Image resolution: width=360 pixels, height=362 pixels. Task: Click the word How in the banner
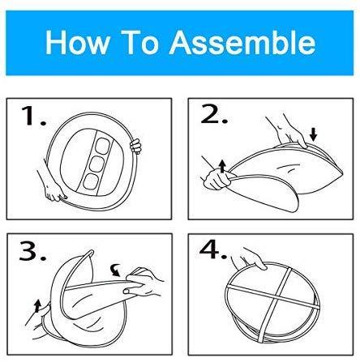pyautogui.click(x=78, y=42)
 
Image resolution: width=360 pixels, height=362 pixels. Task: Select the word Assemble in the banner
pyautogui.click(x=242, y=42)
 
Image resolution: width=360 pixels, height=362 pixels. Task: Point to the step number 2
pyautogui.click(x=214, y=114)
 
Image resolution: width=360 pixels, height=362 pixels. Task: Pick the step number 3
pyautogui.click(x=32, y=252)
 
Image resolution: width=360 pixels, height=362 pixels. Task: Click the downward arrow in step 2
pyautogui.click(x=313, y=134)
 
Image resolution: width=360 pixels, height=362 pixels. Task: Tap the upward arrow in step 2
pyautogui.click(x=222, y=166)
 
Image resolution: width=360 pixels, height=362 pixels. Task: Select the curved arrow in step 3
pyautogui.click(x=116, y=270)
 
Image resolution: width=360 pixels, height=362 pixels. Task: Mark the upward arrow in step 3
pyautogui.click(x=37, y=306)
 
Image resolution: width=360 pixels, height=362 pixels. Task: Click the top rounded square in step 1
pyautogui.click(x=103, y=146)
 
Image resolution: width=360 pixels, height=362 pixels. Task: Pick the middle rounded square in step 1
pyautogui.click(x=96, y=164)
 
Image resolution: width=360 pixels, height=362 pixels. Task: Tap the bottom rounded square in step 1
pyautogui.click(x=90, y=181)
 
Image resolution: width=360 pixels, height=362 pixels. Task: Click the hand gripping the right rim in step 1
pyautogui.click(x=135, y=146)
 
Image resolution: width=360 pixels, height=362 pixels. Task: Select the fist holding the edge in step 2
pyautogui.click(x=217, y=181)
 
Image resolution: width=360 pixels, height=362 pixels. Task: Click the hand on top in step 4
pyautogui.click(x=250, y=258)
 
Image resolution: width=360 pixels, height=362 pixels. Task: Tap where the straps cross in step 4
pyautogui.click(x=278, y=296)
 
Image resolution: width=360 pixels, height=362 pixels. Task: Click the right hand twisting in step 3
pyautogui.click(x=144, y=282)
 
